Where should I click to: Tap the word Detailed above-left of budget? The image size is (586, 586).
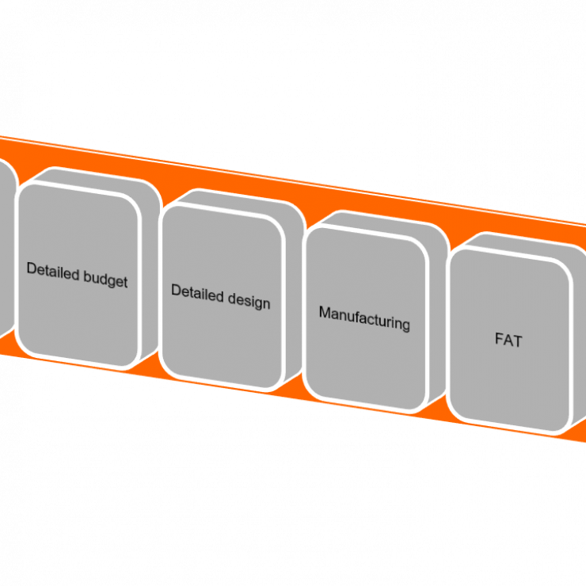tap(53, 270)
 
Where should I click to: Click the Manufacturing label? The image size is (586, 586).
tap(364, 318)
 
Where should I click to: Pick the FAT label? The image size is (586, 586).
tap(508, 341)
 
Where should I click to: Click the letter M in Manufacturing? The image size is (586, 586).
tap(324, 312)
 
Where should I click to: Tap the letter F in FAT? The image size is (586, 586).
tap(499, 340)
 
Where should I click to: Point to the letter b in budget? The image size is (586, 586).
tap(87, 276)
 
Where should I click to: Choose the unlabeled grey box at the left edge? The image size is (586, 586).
tap(6, 245)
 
